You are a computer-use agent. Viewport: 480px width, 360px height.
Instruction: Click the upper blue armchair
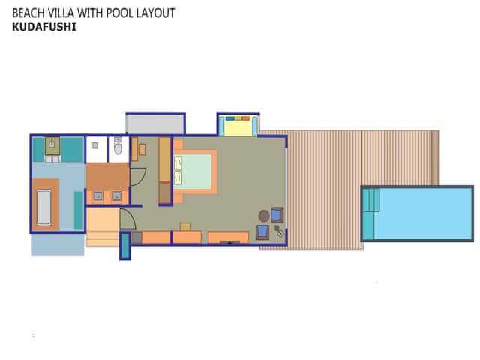277,216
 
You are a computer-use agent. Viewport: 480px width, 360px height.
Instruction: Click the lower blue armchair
263,232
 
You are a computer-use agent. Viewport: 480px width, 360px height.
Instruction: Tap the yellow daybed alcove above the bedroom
237,125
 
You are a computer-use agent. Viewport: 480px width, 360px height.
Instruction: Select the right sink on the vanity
116,196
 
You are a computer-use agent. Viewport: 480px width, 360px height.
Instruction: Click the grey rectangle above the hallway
155,123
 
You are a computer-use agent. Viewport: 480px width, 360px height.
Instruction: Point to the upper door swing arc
137,176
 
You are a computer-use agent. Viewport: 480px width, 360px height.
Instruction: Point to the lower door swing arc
127,220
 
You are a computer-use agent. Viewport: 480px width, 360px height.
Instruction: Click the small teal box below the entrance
125,246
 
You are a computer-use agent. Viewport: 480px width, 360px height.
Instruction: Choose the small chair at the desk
184,226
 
